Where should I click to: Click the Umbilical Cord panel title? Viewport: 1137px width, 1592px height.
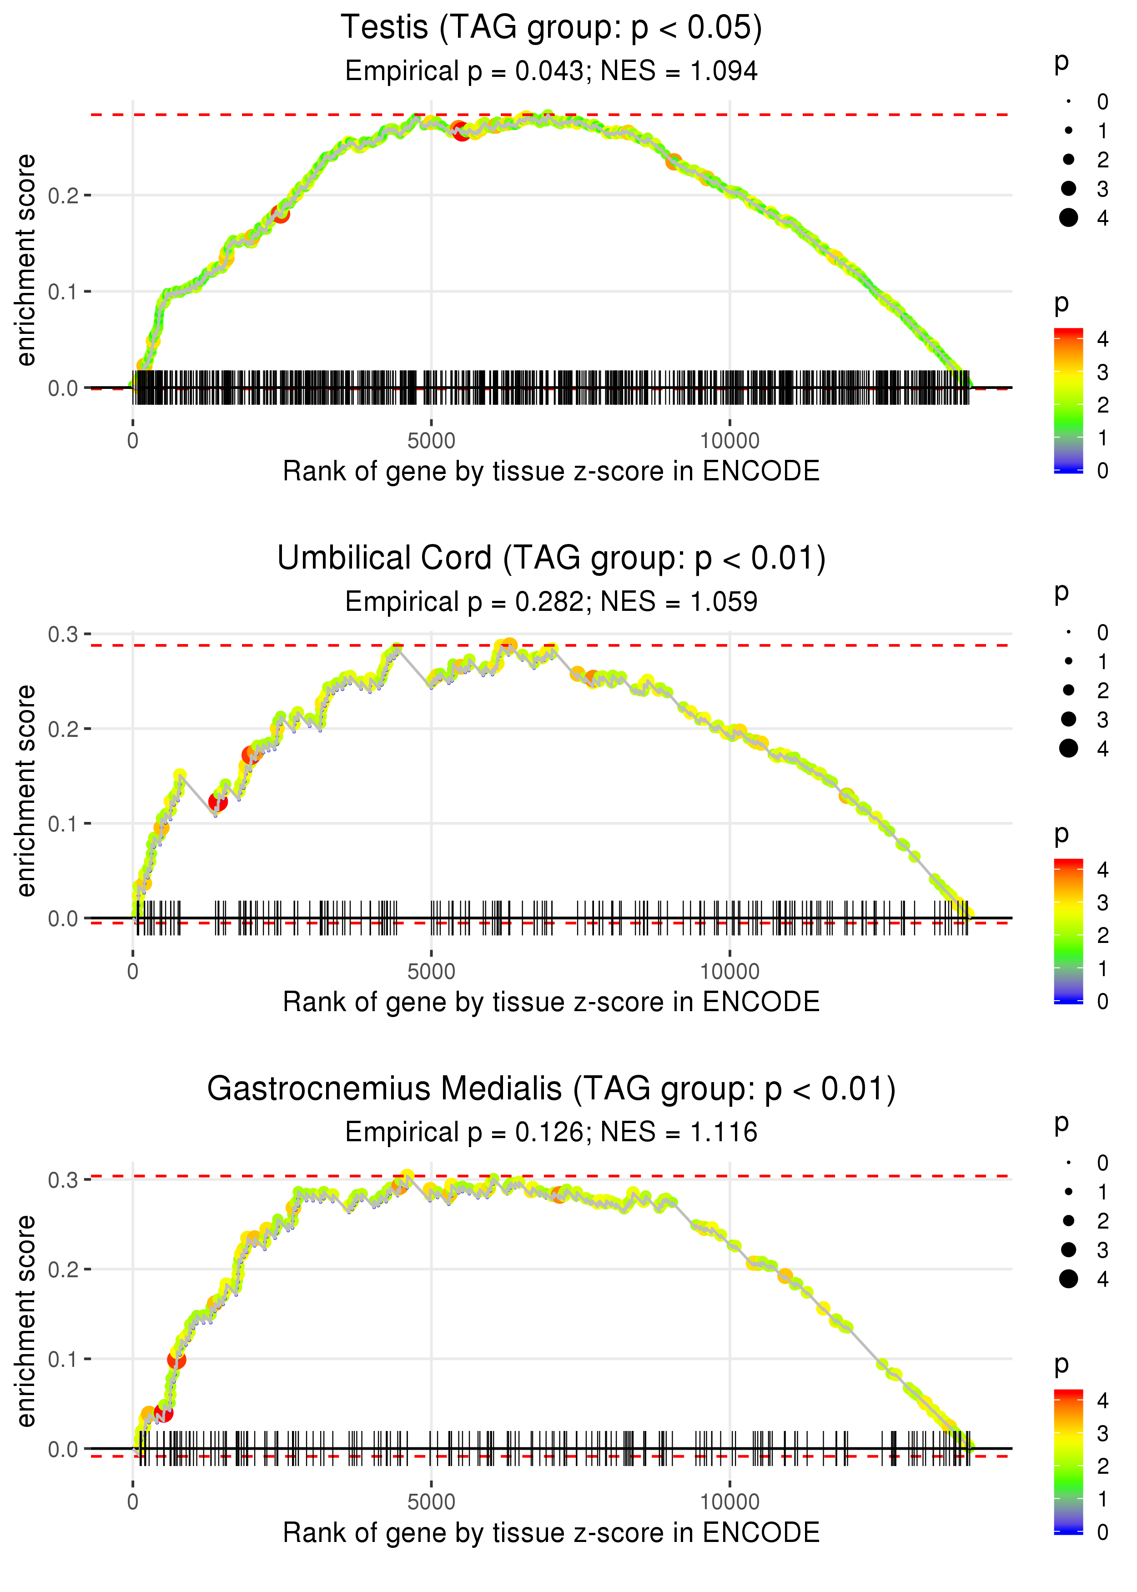[551, 559]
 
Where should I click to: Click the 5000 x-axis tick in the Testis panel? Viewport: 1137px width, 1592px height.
[431, 441]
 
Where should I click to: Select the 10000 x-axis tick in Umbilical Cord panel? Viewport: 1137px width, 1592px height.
[729, 972]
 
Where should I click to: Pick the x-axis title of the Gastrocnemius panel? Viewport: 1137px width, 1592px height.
[551, 1533]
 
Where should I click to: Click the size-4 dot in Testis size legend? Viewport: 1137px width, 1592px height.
[1068, 218]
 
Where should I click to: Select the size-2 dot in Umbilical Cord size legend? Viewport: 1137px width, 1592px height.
[1068, 690]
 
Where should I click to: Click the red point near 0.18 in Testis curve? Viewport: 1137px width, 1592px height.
[281, 213]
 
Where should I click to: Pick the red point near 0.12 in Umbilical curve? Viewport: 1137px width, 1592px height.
[218, 801]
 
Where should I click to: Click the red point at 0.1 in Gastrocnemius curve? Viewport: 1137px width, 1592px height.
[176, 1360]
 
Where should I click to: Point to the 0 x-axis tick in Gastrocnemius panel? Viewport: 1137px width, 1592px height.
[133, 1502]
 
